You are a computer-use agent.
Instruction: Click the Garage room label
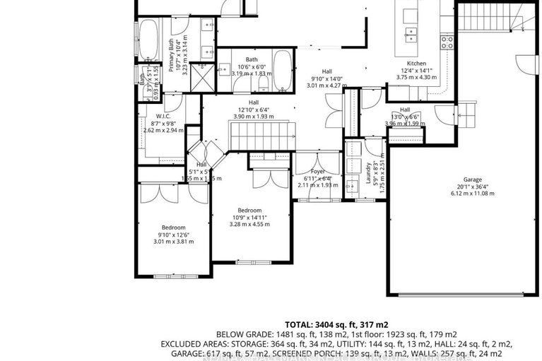click(473, 179)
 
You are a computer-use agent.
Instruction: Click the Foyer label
click(317, 171)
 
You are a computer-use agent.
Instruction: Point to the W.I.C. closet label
click(164, 115)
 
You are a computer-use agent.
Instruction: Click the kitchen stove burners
click(447, 41)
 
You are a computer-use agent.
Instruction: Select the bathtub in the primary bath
click(149, 39)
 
